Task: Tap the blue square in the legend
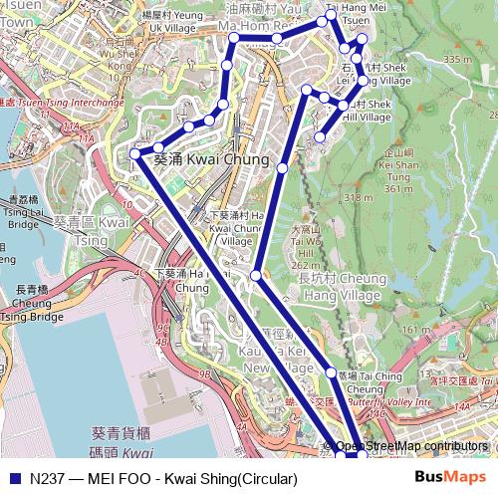(15, 478)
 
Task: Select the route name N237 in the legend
(47, 478)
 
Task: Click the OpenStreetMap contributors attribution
(411, 446)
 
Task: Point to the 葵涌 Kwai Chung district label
(211, 159)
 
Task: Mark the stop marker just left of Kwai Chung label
(135, 154)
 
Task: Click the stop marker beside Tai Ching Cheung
(331, 373)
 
